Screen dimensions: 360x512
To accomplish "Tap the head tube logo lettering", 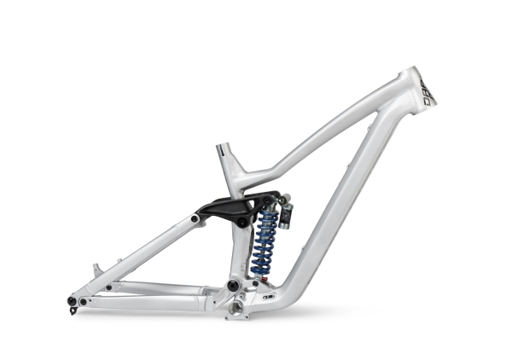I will (x=426, y=91).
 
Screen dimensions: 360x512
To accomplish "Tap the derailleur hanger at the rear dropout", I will (x=73, y=309).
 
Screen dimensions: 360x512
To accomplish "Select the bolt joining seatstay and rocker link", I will (x=195, y=219).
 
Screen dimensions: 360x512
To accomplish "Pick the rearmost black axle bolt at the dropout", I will (x=72, y=299).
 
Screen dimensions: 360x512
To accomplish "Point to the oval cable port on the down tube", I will (x=269, y=298).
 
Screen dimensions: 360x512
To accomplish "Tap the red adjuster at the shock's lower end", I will (x=264, y=278).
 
